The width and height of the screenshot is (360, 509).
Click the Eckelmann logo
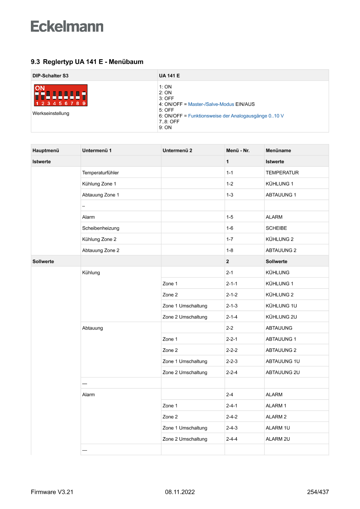coord(67,27)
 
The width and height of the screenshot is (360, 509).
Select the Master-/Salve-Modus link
coord(211,104)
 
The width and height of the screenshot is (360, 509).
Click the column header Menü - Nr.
coord(238,151)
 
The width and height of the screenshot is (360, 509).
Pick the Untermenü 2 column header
coord(177,151)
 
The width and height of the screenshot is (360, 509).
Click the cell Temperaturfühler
coord(100,173)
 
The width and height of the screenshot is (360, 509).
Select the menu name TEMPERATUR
coord(282,173)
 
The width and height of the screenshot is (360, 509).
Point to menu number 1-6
coord(230,228)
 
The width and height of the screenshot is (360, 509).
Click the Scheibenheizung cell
coord(101,228)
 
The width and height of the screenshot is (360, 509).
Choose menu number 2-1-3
coord(232,306)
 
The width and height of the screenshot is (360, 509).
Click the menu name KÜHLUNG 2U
coord(281,317)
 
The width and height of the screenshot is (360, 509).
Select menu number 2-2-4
coord(232,372)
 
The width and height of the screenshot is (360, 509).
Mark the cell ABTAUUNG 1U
coord(283,361)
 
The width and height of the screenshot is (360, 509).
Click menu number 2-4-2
coord(232,417)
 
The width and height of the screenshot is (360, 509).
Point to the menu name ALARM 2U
coord(278,439)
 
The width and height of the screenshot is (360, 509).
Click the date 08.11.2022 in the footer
coord(180,492)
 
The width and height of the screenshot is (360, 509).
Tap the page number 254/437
coord(318,492)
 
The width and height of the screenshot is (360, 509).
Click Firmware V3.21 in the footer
coord(52,492)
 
